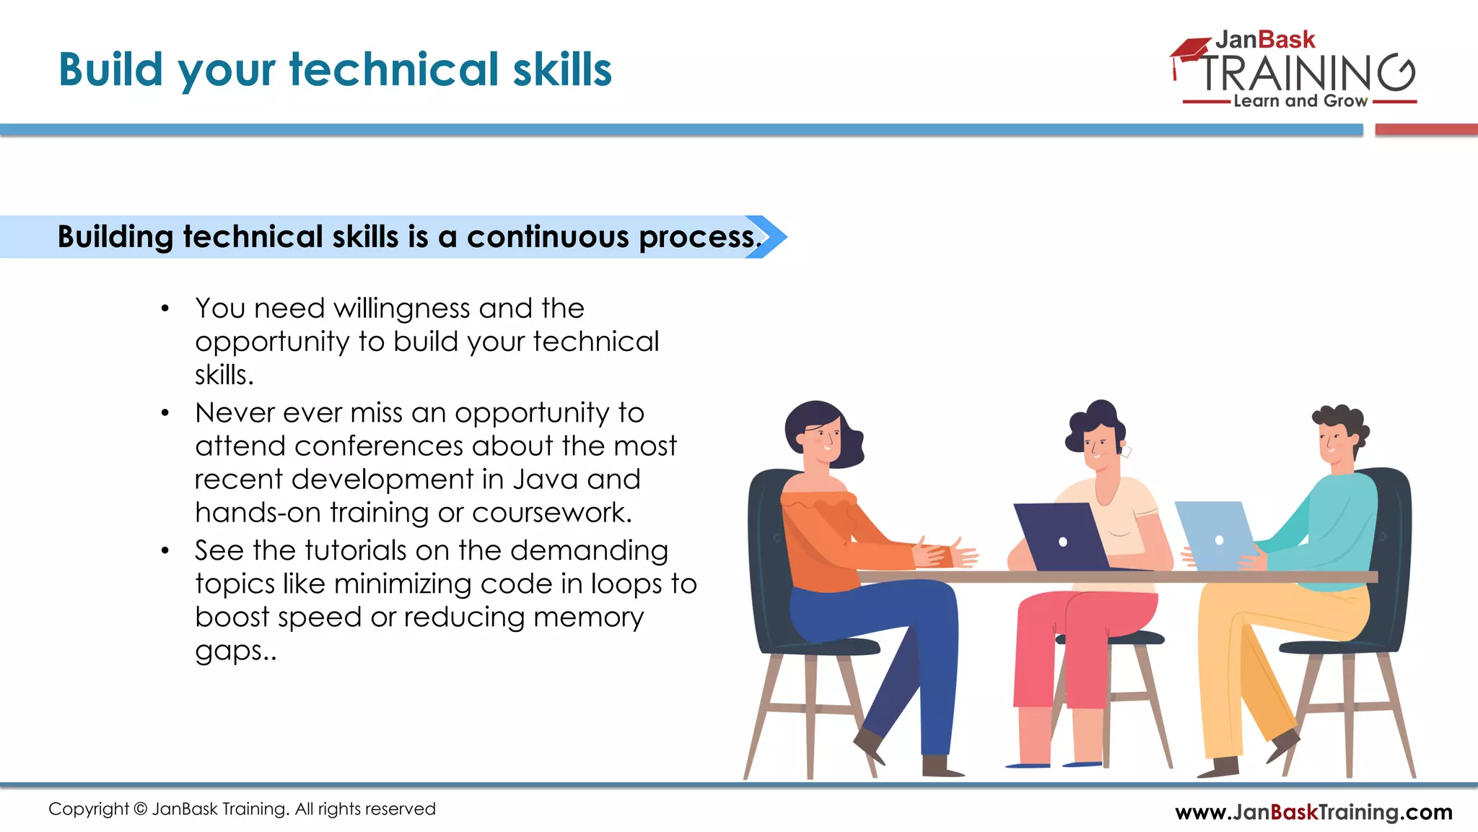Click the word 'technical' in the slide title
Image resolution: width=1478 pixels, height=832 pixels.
394,70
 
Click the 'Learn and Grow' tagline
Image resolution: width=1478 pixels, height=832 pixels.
1300,101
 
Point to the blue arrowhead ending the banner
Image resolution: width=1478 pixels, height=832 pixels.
769,237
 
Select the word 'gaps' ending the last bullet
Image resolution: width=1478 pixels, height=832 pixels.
229,651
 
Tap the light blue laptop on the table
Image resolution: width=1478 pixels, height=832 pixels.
1216,534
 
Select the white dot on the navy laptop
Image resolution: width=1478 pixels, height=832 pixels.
1062,542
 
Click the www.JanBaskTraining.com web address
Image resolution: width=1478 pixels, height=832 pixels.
1313,812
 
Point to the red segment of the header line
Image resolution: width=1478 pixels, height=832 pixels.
1426,130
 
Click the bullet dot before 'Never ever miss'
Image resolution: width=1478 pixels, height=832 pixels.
165,413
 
